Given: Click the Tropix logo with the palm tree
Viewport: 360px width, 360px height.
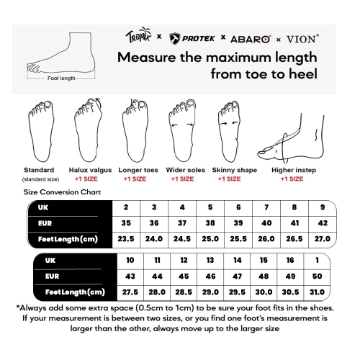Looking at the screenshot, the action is pos(138,35).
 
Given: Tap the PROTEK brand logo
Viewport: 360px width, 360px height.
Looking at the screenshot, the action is pos(192,39).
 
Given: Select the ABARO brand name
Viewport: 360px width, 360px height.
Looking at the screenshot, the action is pos(251,39).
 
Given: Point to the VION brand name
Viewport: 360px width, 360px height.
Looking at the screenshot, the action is pos(302,39).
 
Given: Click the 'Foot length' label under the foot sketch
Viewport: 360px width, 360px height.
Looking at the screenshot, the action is pos(61,78).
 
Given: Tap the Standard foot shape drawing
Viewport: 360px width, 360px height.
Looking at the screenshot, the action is pos(41,131).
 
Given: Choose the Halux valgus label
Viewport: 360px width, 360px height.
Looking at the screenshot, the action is pos(90,170).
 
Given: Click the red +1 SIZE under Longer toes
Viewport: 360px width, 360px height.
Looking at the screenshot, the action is pos(135,179).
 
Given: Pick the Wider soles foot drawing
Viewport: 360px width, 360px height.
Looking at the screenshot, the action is pos(182,130).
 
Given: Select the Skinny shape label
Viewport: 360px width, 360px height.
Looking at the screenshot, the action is pos(235,170).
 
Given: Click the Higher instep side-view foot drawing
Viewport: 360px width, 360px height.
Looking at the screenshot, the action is pos(291,138).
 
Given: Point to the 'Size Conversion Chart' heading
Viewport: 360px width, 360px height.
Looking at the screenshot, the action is pos(62,192).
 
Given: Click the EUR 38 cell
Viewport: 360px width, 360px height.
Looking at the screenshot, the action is pos(210,223).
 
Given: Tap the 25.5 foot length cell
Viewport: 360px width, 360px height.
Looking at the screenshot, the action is pos(238,239).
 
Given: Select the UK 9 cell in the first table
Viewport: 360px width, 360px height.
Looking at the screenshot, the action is pos(323,207).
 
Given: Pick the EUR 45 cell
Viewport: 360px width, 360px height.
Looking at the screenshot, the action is pos(184,276).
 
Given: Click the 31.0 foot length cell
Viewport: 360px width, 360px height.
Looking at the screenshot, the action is pos(317,292).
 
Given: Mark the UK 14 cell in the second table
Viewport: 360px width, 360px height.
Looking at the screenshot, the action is pos(238,261).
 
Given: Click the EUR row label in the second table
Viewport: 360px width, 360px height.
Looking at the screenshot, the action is pos(52,276).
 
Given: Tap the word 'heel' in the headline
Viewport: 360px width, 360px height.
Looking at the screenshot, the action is pos(303,74).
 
